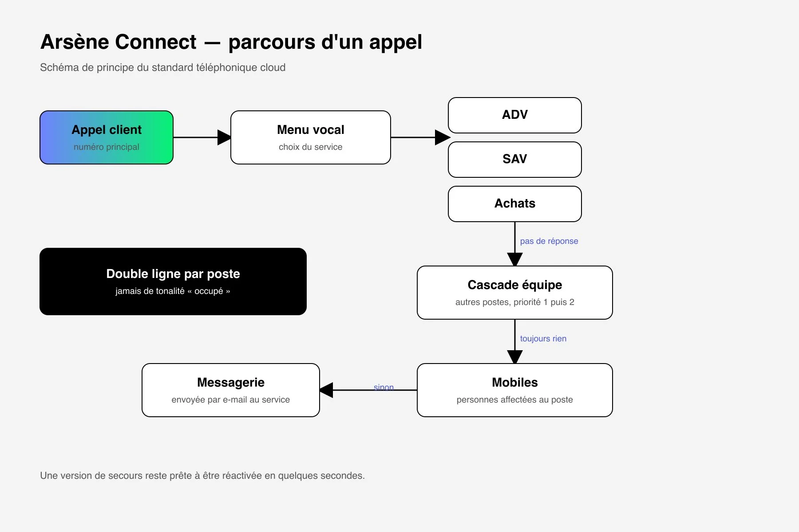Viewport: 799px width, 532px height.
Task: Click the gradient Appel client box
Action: click(107, 137)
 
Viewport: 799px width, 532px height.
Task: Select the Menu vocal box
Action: click(311, 137)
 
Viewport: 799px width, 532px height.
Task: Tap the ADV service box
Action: click(515, 115)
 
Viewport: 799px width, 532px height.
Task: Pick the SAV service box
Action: click(515, 160)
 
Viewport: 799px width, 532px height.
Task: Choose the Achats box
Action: click(515, 204)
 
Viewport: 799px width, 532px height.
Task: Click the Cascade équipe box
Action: click(515, 293)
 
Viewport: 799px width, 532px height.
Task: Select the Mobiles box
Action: click(515, 390)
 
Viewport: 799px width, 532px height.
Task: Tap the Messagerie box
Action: click(231, 390)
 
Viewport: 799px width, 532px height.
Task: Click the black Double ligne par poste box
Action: click(173, 282)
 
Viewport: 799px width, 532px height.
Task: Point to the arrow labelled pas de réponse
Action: click(515, 244)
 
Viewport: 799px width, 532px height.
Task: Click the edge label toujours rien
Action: click(543, 339)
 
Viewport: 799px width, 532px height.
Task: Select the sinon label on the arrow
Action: click(384, 387)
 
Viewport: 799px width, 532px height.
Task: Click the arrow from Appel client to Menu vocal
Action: click(202, 137)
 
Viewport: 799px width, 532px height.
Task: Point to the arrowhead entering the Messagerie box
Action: click(326, 390)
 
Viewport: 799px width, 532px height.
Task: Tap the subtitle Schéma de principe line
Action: click(163, 67)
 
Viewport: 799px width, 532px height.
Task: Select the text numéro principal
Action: click(107, 147)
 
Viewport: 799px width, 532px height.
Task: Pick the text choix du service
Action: click(311, 147)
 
